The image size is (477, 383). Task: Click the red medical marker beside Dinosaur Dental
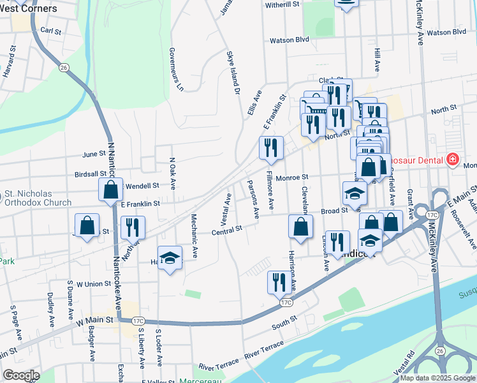click(x=453, y=158)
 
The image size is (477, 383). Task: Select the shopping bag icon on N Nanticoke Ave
click(x=110, y=189)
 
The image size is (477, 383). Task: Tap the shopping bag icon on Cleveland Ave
click(x=300, y=226)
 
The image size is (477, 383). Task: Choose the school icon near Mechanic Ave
click(x=169, y=257)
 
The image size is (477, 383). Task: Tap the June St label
click(x=94, y=154)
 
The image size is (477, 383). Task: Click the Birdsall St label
click(x=91, y=174)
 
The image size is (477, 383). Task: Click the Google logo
click(x=21, y=375)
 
